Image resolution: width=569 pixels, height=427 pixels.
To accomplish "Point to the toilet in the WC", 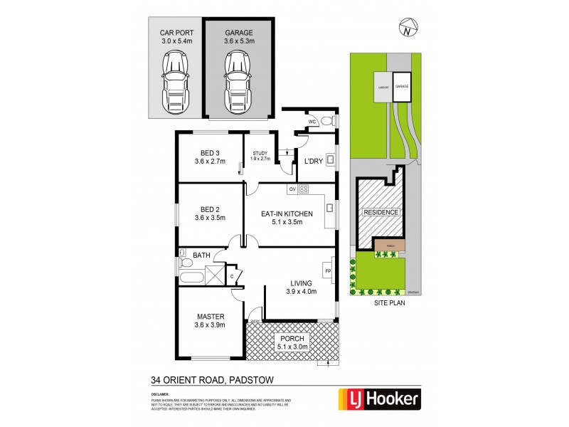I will pyautogui.click(x=324, y=121).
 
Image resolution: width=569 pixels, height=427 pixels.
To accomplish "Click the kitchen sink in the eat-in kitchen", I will pyautogui.click(x=329, y=208).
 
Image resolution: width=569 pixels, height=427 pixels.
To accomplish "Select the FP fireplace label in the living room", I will pyautogui.click(x=328, y=270).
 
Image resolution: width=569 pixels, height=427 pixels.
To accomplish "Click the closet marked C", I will pyautogui.click(x=231, y=275).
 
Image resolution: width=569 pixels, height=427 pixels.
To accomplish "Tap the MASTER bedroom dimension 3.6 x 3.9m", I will pyautogui.click(x=210, y=325).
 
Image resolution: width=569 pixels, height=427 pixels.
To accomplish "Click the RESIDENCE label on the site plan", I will pyautogui.click(x=382, y=213).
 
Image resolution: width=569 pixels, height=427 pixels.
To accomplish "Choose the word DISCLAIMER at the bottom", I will pyautogui.click(x=159, y=393).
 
